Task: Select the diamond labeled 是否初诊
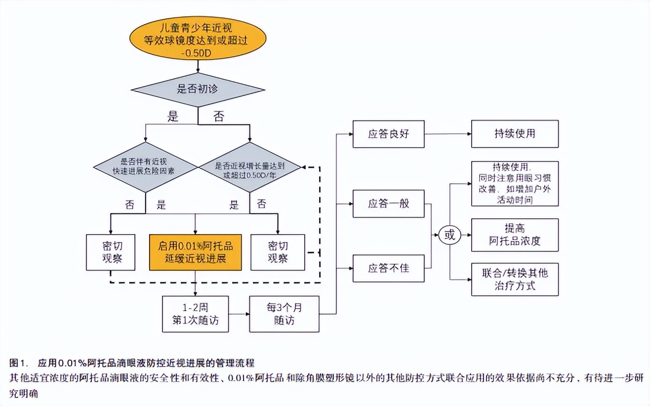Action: (x=198, y=90)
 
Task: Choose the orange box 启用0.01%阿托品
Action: (x=196, y=252)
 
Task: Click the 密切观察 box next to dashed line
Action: (x=278, y=252)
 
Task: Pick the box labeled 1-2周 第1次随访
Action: (x=196, y=314)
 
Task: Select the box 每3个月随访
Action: (x=284, y=314)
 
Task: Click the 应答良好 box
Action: (x=389, y=134)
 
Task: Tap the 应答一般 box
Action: (x=389, y=203)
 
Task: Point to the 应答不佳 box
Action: (x=389, y=268)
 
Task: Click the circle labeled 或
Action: (x=449, y=235)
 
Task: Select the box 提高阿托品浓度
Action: (x=515, y=235)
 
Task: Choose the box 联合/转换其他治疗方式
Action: (x=515, y=279)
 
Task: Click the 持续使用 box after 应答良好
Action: (x=515, y=134)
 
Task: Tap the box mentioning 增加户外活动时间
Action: (x=515, y=183)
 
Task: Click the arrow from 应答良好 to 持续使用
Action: (x=447, y=134)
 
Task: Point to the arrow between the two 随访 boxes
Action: (x=239, y=314)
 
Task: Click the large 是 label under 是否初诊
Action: (x=173, y=117)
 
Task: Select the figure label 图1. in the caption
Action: (x=19, y=363)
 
